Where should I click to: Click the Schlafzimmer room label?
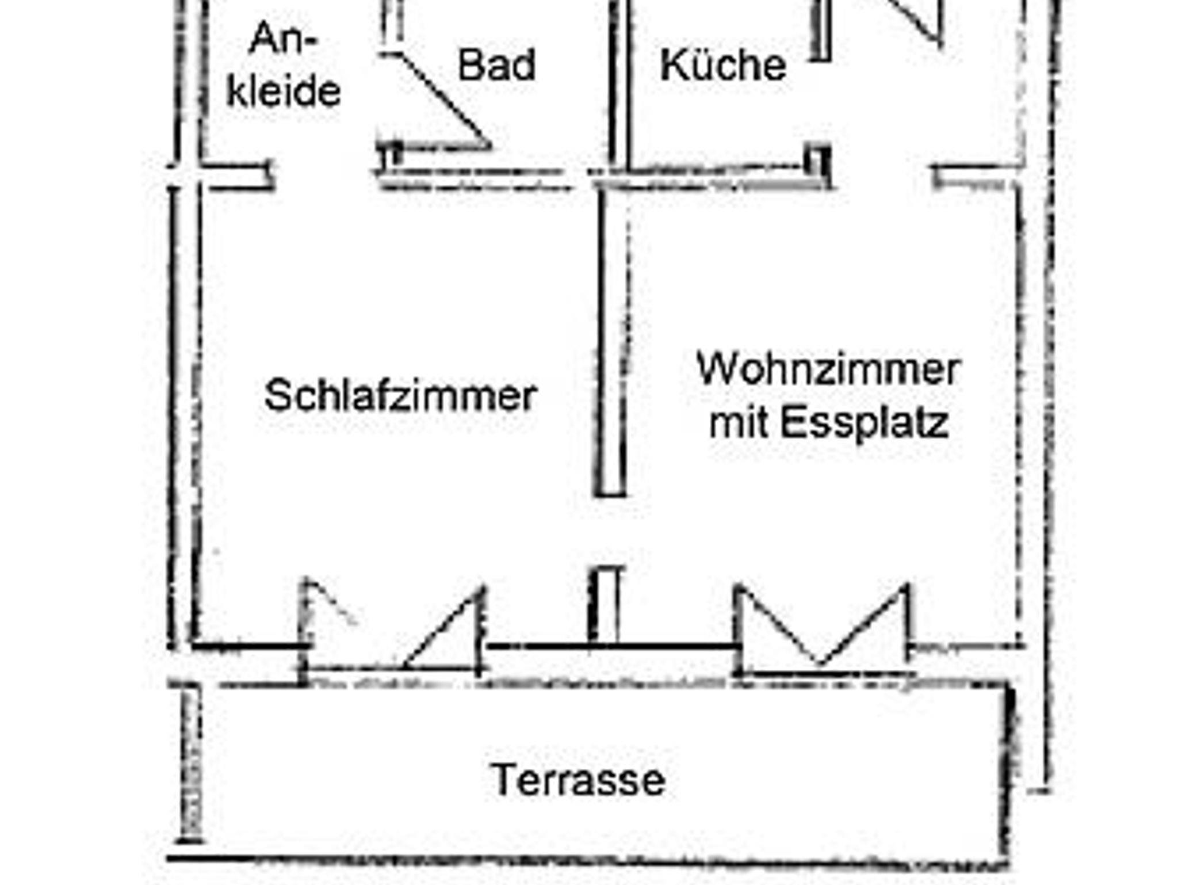pyautogui.click(x=400, y=396)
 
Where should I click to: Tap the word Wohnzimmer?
pyautogui.click(x=828, y=369)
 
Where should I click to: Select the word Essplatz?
pyautogui.click(x=864, y=424)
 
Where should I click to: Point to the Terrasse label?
pyautogui.click(x=578, y=780)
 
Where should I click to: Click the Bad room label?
pyautogui.click(x=496, y=64)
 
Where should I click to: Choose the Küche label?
pyautogui.click(x=723, y=64)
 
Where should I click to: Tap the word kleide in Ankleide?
pyautogui.click(x=284, y=90)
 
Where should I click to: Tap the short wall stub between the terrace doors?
pyautogui.click(x=604, y=604)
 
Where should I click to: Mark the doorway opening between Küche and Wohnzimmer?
pyautogui.click(x=880, y=173)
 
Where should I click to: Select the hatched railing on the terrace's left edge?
pyautogui.click(x=191, y=765)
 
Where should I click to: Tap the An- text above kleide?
pyautogui.click(x=284, y=39)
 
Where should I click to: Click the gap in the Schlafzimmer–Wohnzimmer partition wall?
pyautogui.click(x=609, y=531)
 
